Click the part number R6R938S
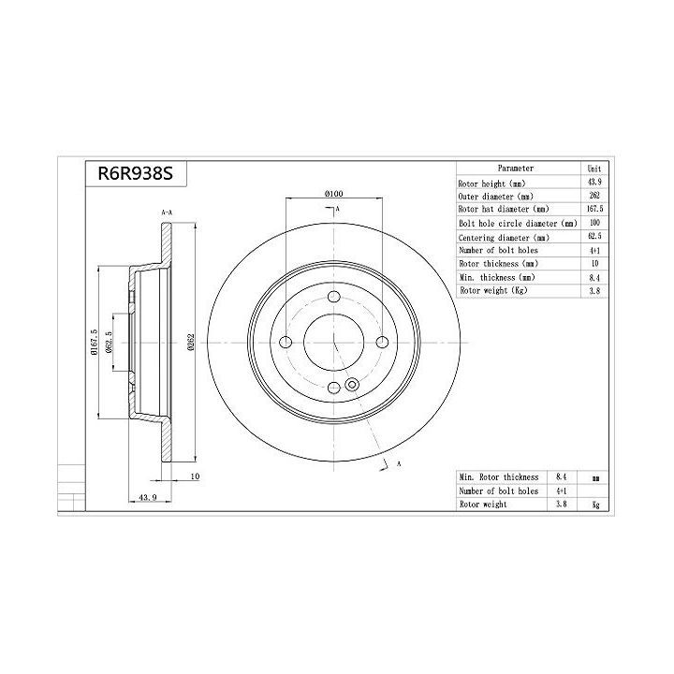[x=136, y=174]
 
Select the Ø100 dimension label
[x=334, y=194]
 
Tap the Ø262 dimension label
[x=191, y=343]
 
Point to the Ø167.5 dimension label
[x=95, y=343]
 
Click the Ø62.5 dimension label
[x=109, y=343]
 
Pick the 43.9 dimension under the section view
[x=148, y=497]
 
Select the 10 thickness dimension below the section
[x=195, y=476]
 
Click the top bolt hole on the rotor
[x=334, y=297]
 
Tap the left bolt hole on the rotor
[x=286, y=343]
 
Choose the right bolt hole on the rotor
[x=382, y=343]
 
